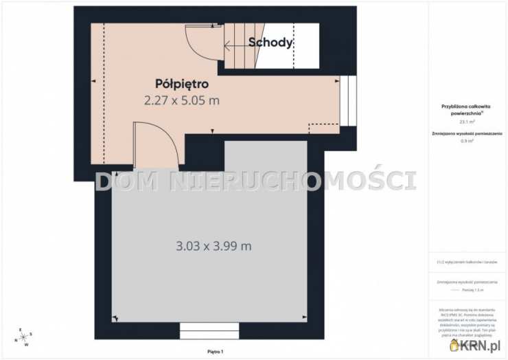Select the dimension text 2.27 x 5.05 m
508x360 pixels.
click(x=182, y=100)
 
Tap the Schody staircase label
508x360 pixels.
click(x=270, y=42)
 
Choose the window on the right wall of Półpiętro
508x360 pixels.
click(x=348, y=100)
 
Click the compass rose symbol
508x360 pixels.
click(x=22, y=337)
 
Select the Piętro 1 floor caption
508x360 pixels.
click(x=216, y=351)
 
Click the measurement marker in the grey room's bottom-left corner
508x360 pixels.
click(x=115, y=318)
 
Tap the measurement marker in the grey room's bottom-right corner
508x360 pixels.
click(x=303, y=318)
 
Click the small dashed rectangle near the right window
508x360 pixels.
click(x=323, y=128)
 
